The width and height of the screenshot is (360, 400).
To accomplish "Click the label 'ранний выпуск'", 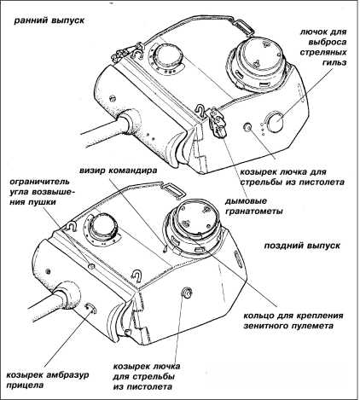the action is [49, 21].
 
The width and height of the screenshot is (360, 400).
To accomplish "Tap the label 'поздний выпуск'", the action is [302, 246].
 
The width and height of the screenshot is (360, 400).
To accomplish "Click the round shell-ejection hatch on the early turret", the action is [276, 122].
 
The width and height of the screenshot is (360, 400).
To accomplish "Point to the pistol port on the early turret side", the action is [247, 127].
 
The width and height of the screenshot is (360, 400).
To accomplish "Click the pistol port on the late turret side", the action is [187, 293].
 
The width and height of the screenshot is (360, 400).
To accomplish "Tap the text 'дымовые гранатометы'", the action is [253, 206].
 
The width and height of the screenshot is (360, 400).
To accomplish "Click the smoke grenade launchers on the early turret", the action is [217, 120].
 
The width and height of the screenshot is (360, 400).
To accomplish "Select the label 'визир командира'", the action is [118, 171].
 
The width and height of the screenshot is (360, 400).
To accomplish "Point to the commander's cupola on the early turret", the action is [256, 63].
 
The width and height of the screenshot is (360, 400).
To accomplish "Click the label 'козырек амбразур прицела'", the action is [47, 380].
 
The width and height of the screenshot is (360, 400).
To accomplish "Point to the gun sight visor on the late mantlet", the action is [91, 308].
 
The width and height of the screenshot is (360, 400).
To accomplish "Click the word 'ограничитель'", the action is [39, 181].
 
